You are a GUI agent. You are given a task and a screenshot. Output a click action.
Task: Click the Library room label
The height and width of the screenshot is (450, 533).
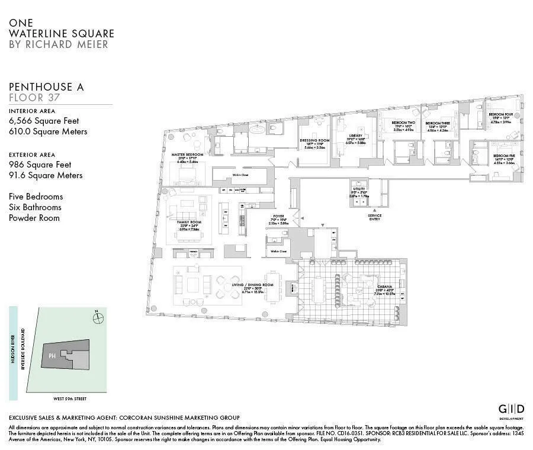[355, 136]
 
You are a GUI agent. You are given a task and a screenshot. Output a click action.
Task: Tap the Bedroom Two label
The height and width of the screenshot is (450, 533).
[404, 123]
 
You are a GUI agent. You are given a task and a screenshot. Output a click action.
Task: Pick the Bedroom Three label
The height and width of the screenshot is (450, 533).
[438, 123]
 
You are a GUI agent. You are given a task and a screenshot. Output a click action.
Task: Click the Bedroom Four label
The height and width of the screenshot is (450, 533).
[500, 114]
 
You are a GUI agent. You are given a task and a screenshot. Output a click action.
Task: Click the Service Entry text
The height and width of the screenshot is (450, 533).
[374, 217]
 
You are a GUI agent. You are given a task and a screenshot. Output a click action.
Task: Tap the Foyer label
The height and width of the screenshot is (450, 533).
[278, 216]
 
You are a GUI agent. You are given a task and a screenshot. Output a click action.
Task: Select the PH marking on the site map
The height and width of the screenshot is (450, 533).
[52, 356]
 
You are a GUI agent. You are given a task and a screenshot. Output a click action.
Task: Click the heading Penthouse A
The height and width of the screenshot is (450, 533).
[46, 87]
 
